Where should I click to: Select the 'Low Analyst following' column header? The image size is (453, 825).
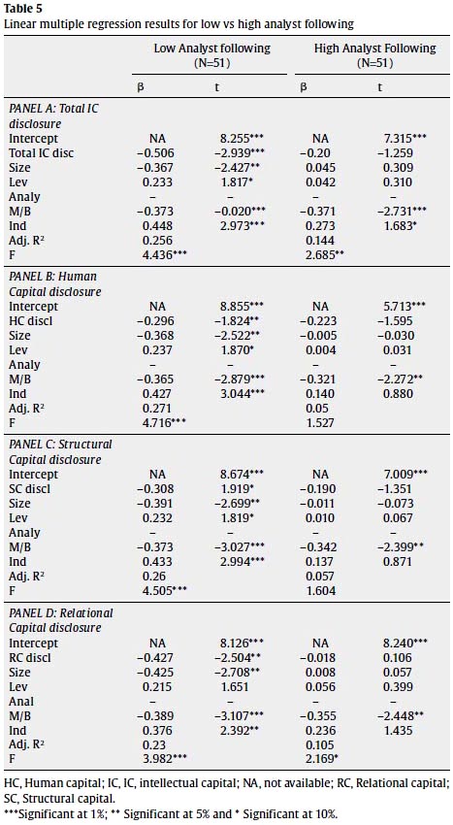click(x=211, y=49)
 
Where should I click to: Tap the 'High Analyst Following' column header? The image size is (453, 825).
click(x=375, y=49)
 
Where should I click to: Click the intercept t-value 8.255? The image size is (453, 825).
click(x=242, y=139)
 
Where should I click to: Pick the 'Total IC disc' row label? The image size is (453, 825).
click(x=42, y=153)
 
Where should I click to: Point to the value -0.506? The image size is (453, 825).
click(x=156, y=153)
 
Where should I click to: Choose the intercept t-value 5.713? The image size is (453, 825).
click(x=405, y=307)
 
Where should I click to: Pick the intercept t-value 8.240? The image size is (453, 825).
click(x=405, y=643)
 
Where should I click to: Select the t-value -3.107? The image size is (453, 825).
click(x=242, y=716)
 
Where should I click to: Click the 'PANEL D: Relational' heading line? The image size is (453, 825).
click(x=61, y=613)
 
